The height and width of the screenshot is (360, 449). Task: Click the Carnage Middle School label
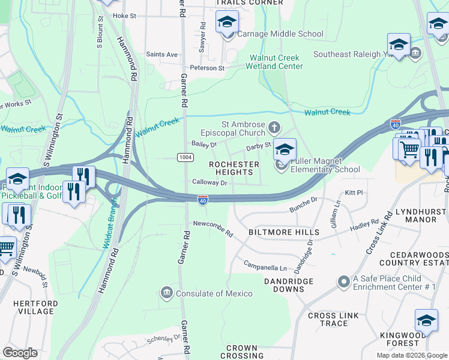[x=280, y=34]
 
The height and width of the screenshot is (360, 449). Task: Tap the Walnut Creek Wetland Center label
[x=276, y=62]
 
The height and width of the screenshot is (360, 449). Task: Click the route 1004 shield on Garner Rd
[x=185, y=157]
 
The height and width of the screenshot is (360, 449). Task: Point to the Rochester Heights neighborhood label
[x=234, y=168]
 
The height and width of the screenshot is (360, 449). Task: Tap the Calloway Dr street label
[x=209, y=182]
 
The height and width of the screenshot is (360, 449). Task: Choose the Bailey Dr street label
[x=203, y=145]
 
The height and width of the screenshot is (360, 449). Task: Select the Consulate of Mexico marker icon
[x=166, y=293]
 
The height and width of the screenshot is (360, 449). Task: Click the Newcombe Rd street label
[x=212, y=224]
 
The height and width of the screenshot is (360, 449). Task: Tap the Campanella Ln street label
[x=265, y=265]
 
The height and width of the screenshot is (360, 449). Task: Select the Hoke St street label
[x=125, y=16]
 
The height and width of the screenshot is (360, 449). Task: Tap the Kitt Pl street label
[x=354, y=193]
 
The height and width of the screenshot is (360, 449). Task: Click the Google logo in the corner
[x=20, y=353]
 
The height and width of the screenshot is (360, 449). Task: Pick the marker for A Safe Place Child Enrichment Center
[x=343, y=281]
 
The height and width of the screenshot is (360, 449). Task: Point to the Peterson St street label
[x=207, y=68]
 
